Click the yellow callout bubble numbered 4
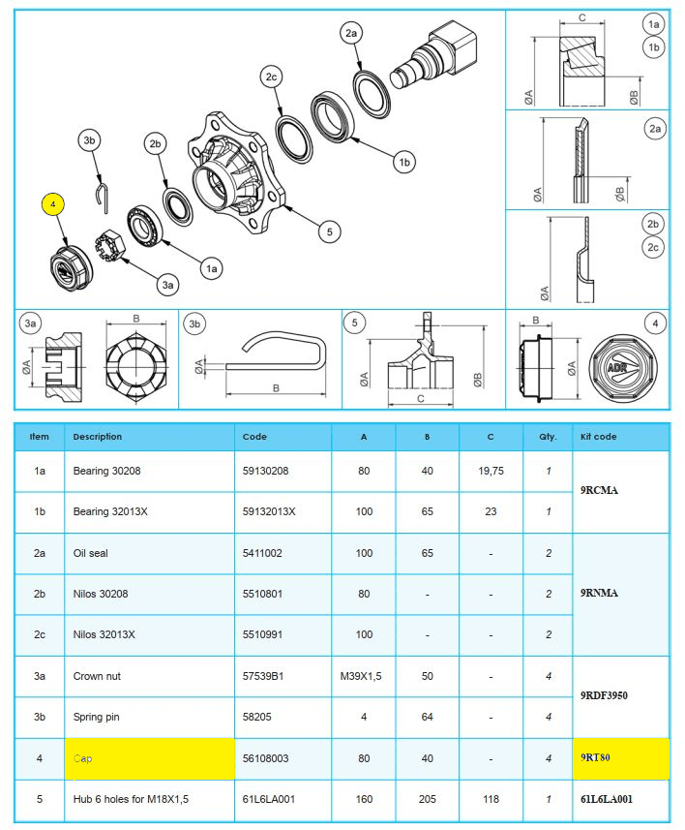click(54, 205)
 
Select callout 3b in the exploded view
click(91, 141)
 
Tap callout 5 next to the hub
click(329, 231)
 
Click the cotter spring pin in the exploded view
click(104, 195)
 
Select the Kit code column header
click(596, 437)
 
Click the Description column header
click(98, 437)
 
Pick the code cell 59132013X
click(269, 511)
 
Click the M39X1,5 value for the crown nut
click(364, 676)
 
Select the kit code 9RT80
click(596, 758)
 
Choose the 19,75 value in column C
click(491, 471)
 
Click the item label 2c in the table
click(40, 634)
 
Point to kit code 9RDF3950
click(604, 695)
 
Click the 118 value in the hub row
click(491, 799)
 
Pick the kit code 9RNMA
click(600, 593)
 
